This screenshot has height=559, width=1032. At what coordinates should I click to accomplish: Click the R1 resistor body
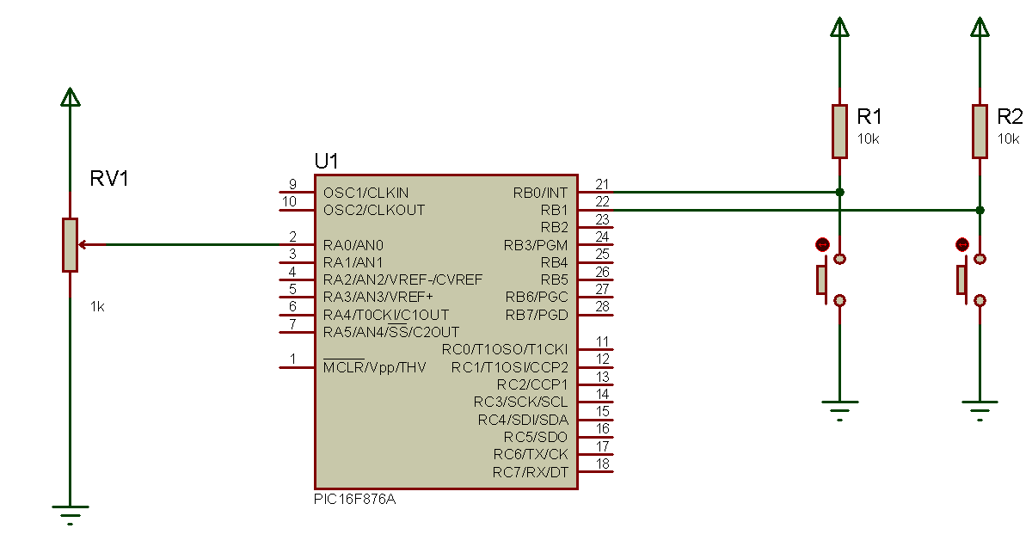(839, 132)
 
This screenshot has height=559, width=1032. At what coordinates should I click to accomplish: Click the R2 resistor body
(980, 132)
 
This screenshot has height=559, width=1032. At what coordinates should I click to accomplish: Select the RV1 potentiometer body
(70, 245)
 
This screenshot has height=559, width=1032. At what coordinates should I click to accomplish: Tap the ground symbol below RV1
(71, 513)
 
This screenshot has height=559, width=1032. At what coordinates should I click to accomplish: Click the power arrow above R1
(839, 28)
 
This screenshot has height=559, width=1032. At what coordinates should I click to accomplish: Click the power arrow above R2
(980, 28)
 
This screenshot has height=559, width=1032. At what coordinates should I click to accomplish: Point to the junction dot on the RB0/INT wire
(839, 192)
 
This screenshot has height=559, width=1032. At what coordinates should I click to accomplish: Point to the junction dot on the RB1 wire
(980, 210)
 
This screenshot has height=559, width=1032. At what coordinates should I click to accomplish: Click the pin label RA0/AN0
(353, 244)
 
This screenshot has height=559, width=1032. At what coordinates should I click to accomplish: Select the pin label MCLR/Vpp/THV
(374, 367)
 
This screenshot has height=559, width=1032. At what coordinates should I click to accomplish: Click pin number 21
(602, 184)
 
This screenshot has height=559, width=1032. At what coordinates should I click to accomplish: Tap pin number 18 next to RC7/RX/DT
(602, 464)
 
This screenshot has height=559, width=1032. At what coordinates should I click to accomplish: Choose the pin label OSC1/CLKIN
(366, 192)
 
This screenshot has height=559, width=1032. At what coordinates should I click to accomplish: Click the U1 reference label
(327, 162)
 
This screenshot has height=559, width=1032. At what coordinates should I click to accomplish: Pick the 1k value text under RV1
(98, 306)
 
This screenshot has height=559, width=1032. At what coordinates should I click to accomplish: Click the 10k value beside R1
(869, 138)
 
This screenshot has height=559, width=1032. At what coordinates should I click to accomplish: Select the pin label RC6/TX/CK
(531, 454)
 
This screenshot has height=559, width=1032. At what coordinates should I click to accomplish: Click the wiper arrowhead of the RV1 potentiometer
(83, 244)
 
